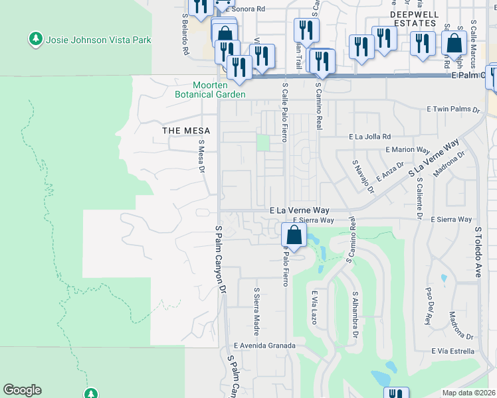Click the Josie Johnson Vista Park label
point(98,40)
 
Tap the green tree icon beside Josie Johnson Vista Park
point(36,40)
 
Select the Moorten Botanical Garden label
point(210,90)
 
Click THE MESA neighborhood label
point(187,131)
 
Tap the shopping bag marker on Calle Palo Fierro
point(294,235)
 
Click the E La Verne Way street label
point(299,210)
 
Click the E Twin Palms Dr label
point(452,109)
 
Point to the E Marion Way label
point(413,150)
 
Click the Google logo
point(22,390)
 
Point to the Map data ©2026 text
point(468,393)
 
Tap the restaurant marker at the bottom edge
point(396,393)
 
